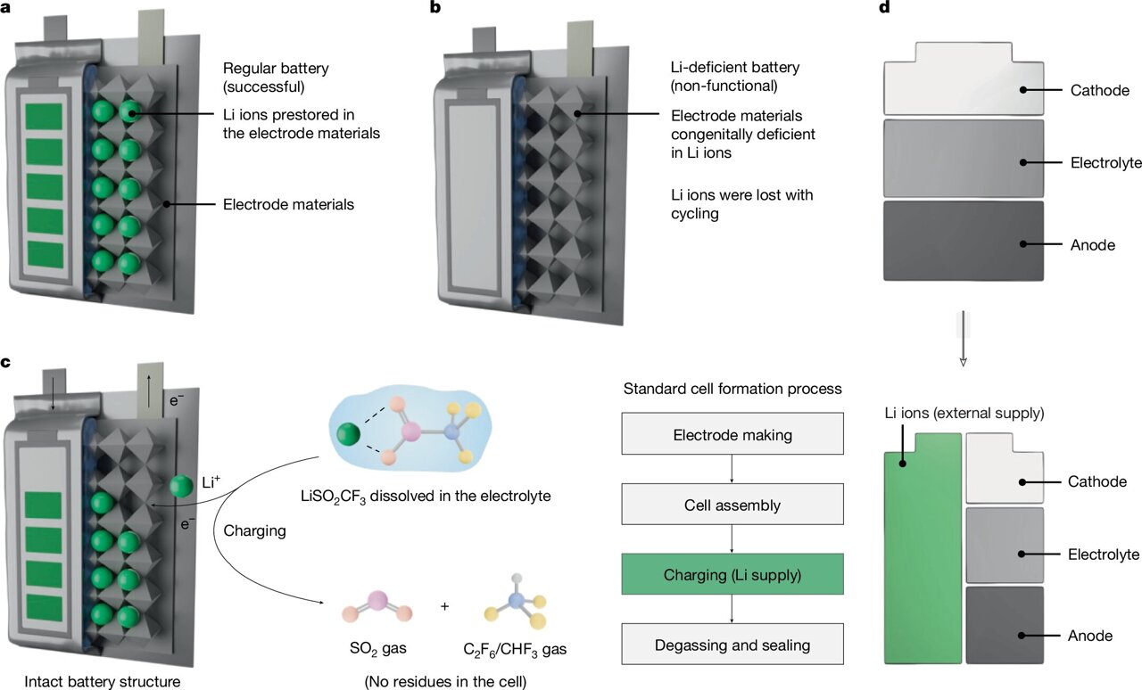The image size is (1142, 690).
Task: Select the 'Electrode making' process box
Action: point(732,436)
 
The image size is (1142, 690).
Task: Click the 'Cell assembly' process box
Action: point(732,505)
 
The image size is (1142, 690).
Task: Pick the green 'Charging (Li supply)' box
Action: point(732,575)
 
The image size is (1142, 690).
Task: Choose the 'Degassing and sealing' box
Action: point(732,645)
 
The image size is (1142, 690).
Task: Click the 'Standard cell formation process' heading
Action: point(732,389)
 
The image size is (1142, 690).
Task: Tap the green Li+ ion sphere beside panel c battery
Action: point(182,487)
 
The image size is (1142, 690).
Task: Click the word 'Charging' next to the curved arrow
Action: point(255,530)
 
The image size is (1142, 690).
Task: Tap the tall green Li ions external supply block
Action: point(923,562)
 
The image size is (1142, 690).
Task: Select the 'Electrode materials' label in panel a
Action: point(288,204)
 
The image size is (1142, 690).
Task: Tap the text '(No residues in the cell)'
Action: point(443,682)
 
